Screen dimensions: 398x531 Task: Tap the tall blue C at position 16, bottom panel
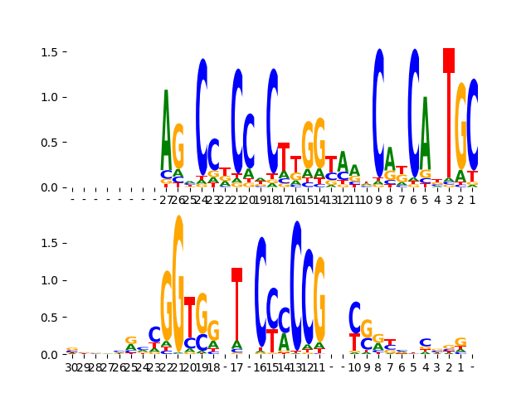261,290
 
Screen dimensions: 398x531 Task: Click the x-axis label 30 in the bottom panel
71,366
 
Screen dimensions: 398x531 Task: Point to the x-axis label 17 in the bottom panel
237,366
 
